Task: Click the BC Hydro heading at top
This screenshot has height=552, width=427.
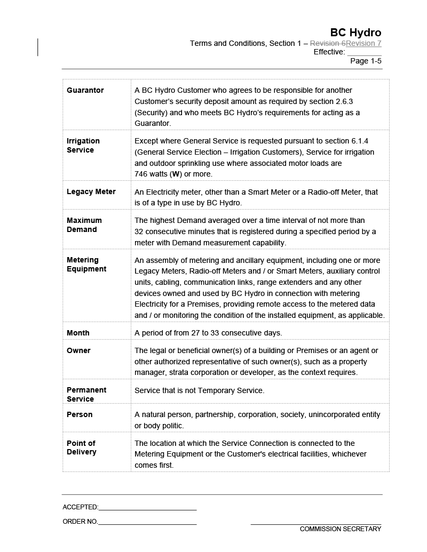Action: [x=355, y=33]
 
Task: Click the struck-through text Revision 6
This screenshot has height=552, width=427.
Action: [x=328, y=43]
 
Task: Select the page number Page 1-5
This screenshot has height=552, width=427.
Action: [x=366, y=61]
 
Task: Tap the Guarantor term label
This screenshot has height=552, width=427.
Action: [x=85, y=90]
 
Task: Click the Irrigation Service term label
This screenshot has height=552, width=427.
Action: [x=83, y=146]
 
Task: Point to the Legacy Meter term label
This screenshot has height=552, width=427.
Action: [x=91, y=191]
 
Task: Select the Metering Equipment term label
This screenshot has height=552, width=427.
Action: [x=86, y=265]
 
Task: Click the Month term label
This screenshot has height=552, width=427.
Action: [x=78, y=333]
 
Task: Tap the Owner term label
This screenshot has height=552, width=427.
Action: [x=78, y=350]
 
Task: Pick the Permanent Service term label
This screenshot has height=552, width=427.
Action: [x=86, y=395]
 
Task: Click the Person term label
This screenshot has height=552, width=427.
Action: [x=80, y=414]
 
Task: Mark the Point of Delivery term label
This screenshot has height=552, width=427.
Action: [x=82, y=447]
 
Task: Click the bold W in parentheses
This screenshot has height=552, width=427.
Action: [x=175, y=174]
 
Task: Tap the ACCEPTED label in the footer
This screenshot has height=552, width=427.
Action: [x=81, y=507]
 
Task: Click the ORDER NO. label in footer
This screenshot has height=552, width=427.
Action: [x=80, y=522]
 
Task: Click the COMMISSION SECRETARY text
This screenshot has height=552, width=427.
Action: [x=341, y=529]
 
